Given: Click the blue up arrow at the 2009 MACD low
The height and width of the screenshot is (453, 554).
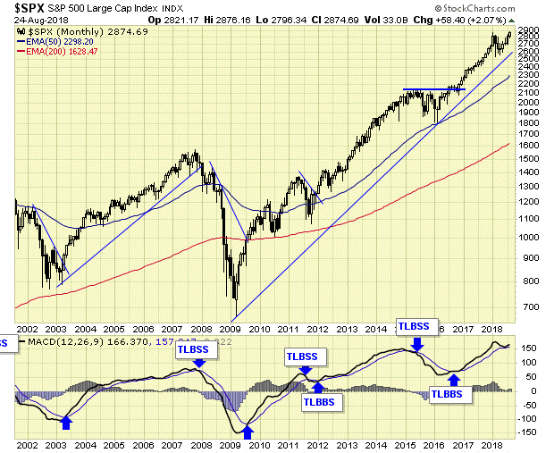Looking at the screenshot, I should pos(250,432).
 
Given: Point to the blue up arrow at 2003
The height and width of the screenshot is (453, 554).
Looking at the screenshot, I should pos(66,421).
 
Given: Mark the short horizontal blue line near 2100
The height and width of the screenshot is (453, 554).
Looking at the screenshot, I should pos(433,89).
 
